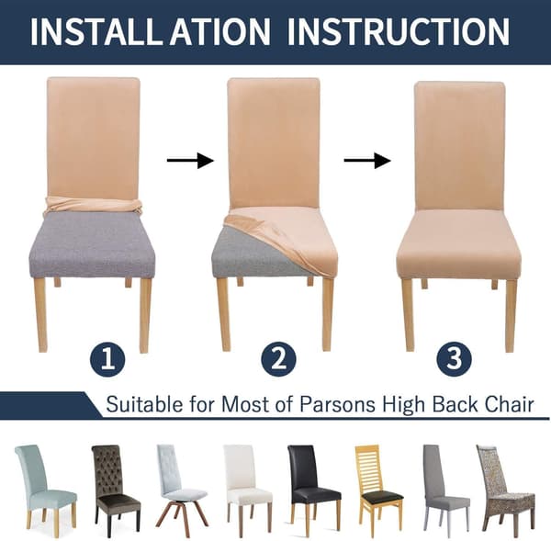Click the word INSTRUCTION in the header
point(399,31)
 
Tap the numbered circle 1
point(107,361)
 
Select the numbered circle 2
point(278,360)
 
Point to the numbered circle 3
point(454,359)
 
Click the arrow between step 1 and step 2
point(190,161)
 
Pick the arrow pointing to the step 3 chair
point(367,161)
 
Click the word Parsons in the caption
point(337,404)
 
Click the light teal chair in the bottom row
point(43,487)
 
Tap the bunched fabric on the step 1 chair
point(93,206)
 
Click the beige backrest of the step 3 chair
point(460,146)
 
